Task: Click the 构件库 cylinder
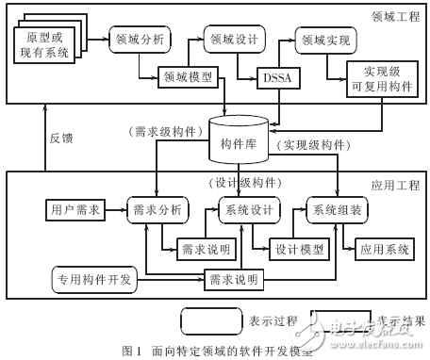pos(240,139)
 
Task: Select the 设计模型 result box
pos(298,250)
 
